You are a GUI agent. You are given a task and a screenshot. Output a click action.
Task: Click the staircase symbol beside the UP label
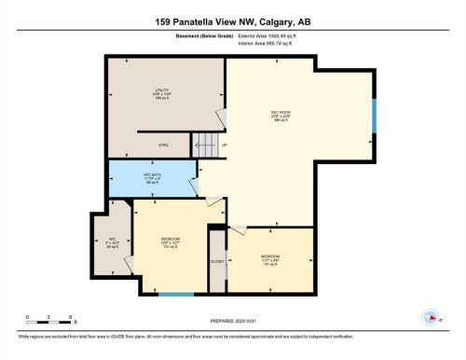pos(206,145)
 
